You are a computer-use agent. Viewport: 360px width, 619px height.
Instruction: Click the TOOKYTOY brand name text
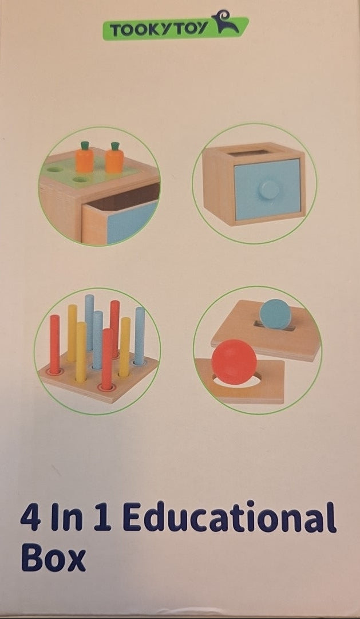(159, 30)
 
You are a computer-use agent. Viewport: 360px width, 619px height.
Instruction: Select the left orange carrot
(85, 157)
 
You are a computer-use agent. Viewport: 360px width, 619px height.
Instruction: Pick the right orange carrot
(114, 158)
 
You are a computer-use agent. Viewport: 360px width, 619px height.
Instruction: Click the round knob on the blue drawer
(270, 190)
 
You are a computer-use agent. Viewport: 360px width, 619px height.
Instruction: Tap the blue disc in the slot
(275, 314)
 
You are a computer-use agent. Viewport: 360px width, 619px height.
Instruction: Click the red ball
(234, 362)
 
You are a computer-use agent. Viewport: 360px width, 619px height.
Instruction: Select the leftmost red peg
(55, 344)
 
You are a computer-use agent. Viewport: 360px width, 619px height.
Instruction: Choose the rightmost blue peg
(140, 336)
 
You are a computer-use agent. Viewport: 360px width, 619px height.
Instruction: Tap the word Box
(53, 557)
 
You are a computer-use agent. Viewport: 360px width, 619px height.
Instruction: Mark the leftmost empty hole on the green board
(54, 169)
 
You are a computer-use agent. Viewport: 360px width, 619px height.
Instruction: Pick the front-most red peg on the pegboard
(107, 359)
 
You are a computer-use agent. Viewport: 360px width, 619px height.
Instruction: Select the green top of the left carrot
(85, 145)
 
